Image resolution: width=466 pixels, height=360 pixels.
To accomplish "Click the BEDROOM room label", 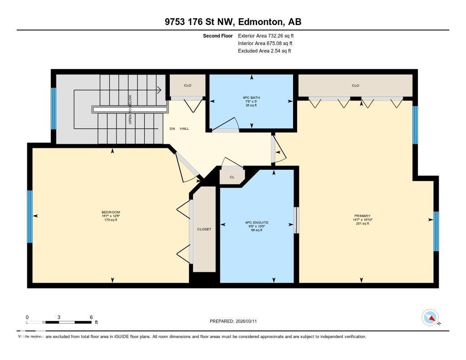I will click(111, 212).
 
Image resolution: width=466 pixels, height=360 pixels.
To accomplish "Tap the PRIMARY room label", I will click(362, 216).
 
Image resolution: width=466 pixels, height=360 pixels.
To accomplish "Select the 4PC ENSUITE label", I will click(257, 223).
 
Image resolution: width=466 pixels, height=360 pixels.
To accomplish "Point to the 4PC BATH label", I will click(251, 97).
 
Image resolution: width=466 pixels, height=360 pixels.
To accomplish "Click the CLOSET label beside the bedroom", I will click(204, 229).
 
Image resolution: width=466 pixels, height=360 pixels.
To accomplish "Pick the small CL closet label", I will click(232, 177).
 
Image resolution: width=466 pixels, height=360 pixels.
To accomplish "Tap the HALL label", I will click(184, 129).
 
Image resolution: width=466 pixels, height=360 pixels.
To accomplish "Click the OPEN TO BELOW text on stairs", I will click(130, 110).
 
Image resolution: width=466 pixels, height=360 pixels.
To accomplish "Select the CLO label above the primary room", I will click(355, 86).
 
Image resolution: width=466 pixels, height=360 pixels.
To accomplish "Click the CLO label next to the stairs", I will click(187, 86).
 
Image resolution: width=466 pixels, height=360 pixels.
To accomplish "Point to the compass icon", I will click(430, 317).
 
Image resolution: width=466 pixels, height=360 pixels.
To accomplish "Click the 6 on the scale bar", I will click(91, 317).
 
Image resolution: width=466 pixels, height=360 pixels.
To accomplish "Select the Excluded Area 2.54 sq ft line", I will click(264, 51).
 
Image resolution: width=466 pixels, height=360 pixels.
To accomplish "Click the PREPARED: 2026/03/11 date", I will click(236, 321).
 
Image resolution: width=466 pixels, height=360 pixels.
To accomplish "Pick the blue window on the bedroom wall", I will click(30, 217).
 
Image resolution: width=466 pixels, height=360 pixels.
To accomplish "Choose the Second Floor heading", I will click(218, 35).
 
